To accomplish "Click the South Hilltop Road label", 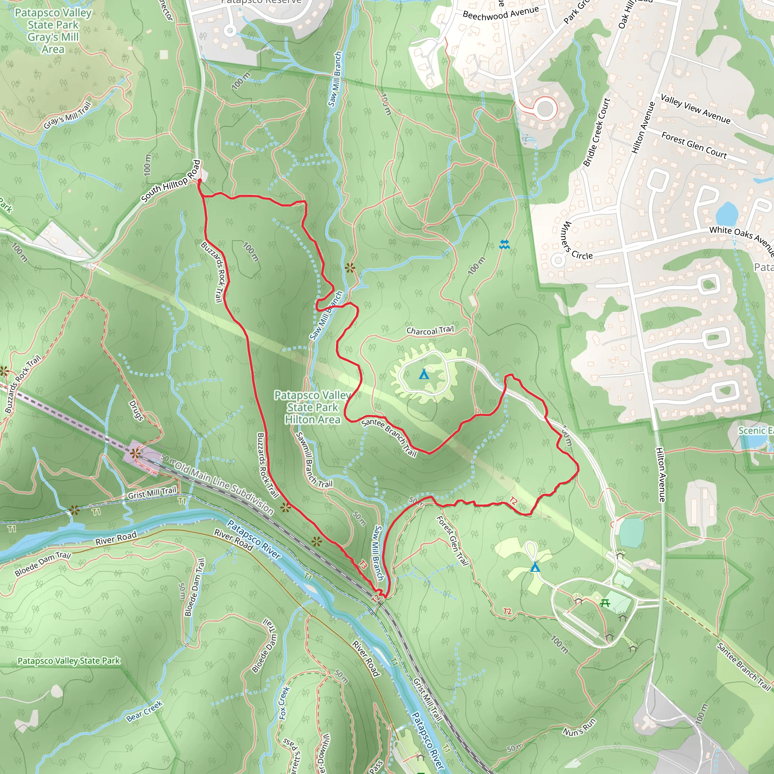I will (x=171, y=181).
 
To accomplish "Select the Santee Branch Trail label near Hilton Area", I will (x=389, y=437).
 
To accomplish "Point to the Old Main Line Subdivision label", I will (x=224, y=489).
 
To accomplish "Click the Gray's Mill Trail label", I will (x=67, y=116).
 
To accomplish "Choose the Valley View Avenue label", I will (x=695, y=108).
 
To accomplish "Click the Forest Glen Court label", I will (x=694, y=145).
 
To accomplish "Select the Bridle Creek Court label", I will (x=596, y=133).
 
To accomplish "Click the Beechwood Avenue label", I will (x=500, y=14).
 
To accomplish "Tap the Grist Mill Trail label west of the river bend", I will (x=152, y=492).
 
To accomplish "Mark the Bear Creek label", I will (x=144, y=711).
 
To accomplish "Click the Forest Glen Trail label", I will (x=452, y=540).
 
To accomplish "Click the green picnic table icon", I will (x=605, y=602).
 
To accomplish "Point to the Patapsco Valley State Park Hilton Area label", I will (x=313, y=407).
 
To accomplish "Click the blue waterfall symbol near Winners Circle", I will (x=505, y=244).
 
